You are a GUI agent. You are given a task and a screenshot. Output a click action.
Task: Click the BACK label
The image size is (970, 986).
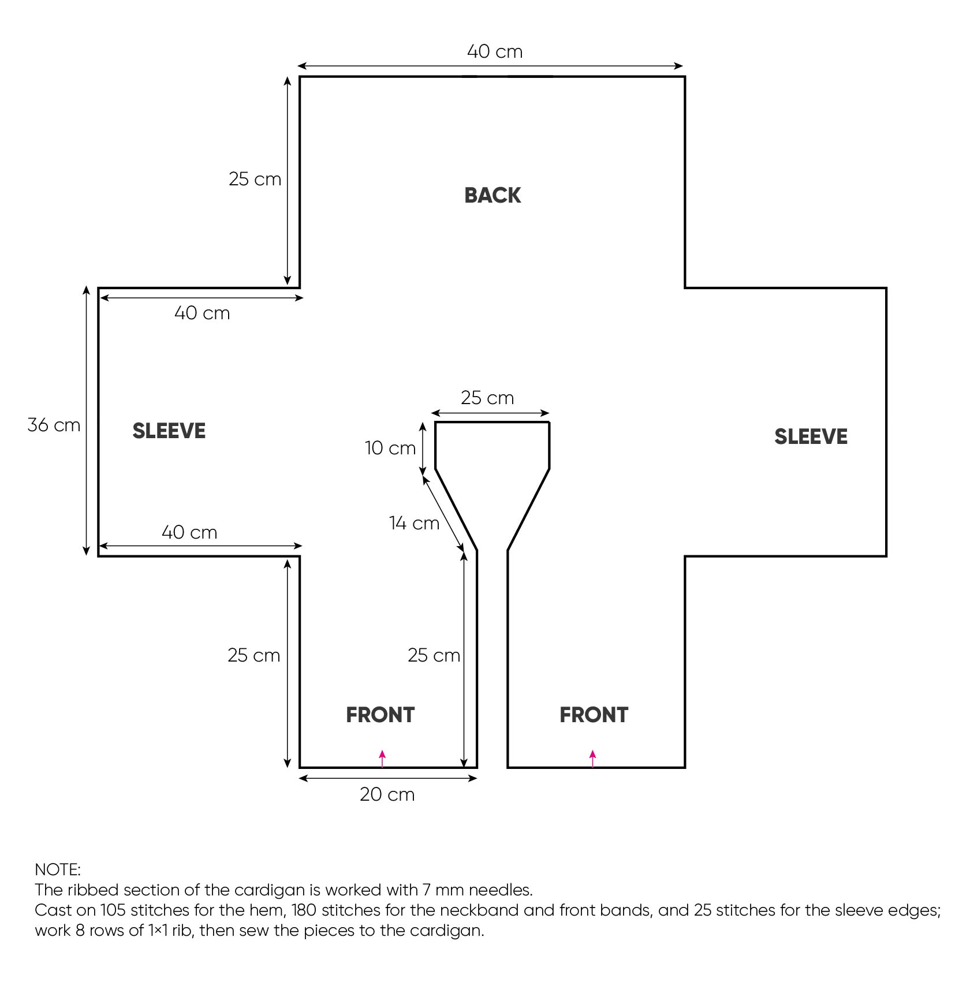(493, 195)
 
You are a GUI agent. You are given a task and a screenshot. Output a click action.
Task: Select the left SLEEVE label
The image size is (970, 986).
(169, 431)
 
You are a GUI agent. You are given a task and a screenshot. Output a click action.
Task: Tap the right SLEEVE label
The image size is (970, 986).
(811, 436)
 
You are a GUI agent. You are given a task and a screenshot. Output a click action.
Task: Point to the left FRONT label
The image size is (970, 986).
(380, 715)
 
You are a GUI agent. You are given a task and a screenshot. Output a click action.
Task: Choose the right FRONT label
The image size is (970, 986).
(594, 715)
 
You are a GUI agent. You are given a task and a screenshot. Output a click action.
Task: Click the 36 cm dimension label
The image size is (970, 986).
(54, 425)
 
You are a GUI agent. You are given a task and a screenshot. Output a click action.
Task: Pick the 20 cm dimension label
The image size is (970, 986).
(387, 794)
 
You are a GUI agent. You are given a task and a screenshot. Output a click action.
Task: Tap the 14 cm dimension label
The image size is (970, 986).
(414, 523)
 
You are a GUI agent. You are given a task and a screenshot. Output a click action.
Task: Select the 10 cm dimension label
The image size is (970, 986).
(390, 448)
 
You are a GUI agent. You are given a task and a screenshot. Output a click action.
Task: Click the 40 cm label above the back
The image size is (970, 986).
(495, 51)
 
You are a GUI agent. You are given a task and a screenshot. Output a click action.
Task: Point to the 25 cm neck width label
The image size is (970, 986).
(487, 398)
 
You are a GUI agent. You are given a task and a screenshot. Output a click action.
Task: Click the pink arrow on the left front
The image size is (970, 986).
(382, 759)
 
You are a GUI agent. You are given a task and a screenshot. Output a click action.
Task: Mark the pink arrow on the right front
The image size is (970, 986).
(593, 759)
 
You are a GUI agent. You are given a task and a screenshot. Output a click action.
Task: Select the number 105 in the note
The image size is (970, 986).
(113, 910)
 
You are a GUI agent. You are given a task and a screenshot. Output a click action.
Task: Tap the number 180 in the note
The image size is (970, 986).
(304, 910)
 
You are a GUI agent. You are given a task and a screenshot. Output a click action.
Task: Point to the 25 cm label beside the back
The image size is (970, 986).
(255, 179)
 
